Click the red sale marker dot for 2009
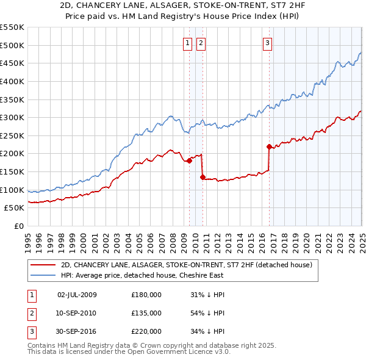click(189, 160)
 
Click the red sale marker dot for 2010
click(203, 177)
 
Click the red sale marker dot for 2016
click(269, 146)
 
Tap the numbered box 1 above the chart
click(187, 43)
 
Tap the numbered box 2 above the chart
click(200, 43)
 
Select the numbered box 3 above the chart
click(267, 43)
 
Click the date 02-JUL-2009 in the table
click(77, 295)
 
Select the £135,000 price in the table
click(146, 313)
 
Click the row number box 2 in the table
click(30, 313)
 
